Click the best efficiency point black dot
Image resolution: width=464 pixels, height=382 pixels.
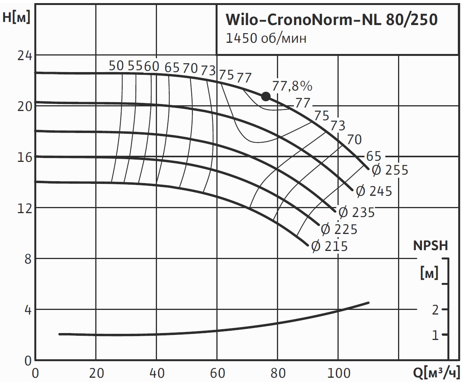pos(266,96)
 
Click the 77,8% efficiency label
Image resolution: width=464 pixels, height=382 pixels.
pos(292,86)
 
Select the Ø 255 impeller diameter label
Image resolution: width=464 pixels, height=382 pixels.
pos(390,170)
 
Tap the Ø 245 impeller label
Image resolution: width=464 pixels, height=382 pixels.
pos(373,191)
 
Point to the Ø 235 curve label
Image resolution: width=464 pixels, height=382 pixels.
pos(356,212)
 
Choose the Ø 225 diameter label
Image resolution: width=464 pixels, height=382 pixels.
pos(339,229)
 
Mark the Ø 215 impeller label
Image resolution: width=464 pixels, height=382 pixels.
pos(329,246)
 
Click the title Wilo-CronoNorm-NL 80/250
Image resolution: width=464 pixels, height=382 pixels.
pos(331,20)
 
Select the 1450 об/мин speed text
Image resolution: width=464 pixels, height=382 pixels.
pos(266,39)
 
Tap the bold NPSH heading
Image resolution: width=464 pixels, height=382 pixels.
pos(431,246)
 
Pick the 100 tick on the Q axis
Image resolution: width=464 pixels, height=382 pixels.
pos(338,373)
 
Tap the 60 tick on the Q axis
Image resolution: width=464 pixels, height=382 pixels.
pos(217,373)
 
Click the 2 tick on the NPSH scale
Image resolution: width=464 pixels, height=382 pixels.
pos(435,310)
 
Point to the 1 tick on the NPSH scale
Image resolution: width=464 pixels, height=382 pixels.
pos(435,335)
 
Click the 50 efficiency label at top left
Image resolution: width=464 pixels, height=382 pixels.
pos(116,66)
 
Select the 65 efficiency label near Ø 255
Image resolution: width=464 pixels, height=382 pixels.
pos(373,156)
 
